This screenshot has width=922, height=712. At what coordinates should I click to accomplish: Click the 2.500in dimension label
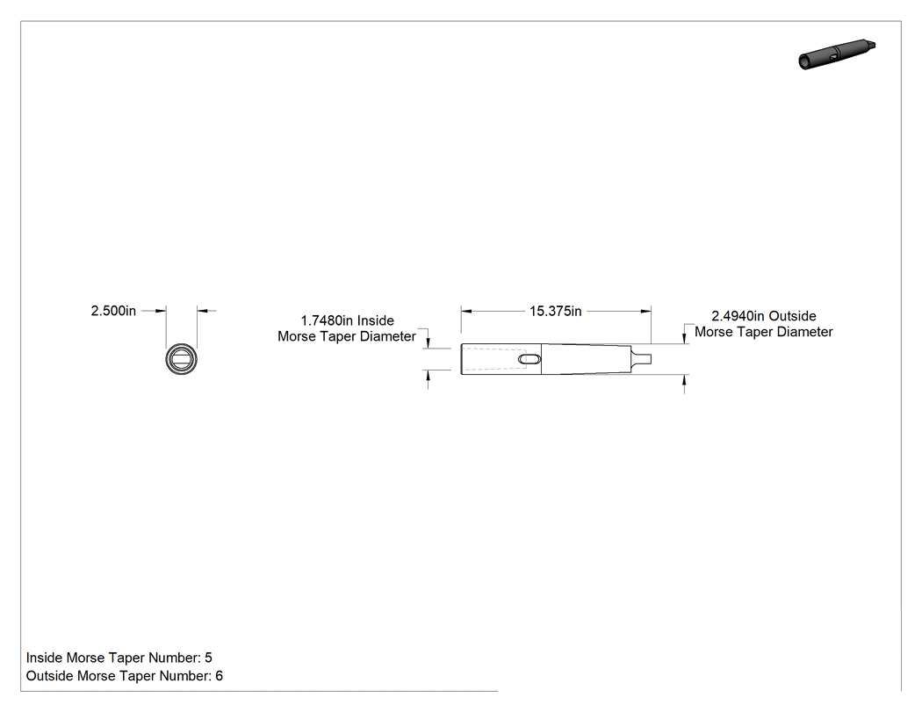(x=113, y=311)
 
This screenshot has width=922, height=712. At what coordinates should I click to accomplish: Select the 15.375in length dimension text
(x=555, y=311)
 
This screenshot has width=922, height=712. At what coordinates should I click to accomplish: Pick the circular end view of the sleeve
(x=181, y=359)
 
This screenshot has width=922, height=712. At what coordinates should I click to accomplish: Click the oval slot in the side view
(x=529, y=359)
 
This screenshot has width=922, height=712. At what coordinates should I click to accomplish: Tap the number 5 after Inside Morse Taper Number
(x=208, y=658)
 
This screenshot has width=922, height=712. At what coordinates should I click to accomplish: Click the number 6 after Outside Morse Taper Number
(x=219, y=675)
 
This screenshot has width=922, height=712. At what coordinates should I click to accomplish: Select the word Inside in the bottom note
(x=45, y=658)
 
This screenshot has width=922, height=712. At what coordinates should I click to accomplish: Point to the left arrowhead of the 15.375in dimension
(x=466, y=311)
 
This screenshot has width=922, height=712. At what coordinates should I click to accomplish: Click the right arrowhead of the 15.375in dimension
(x=645, y=311)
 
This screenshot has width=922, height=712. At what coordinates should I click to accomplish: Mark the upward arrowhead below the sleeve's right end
(x=684, y=380)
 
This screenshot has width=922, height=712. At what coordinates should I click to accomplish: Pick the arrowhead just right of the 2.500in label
(x=161, y=311)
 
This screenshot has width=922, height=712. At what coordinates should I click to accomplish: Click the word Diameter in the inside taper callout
(x=388, y=336)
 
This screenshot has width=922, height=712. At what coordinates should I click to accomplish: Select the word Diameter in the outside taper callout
(x=805, y=332)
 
